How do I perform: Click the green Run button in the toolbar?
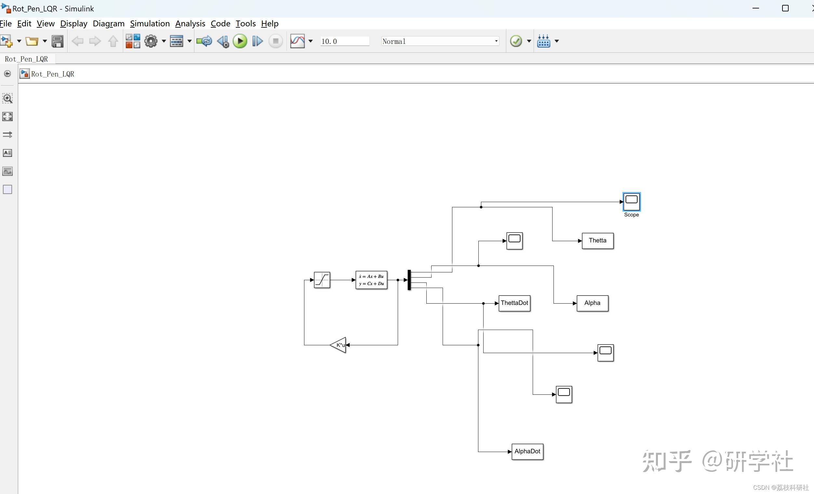240,41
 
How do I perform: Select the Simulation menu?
150,23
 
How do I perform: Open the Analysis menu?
190,23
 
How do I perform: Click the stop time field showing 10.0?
344,41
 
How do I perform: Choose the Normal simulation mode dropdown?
440,41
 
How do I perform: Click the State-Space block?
371,280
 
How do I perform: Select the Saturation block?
322,280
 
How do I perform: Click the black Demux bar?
409,280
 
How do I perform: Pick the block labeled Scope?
631,202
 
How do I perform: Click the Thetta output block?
597,241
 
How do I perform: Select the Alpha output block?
592,303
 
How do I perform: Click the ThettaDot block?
514,303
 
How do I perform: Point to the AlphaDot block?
527,452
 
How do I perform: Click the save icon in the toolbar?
58,41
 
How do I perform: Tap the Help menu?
270,23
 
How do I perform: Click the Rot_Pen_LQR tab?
26,59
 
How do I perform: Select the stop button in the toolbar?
275,41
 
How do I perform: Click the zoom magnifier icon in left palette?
7,98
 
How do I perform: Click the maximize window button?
785,8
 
